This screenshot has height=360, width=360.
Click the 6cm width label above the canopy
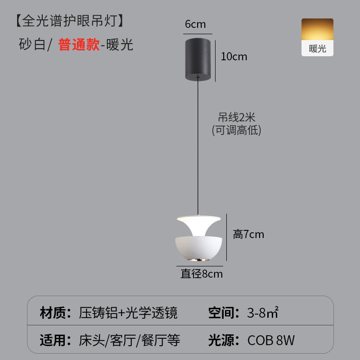point(195,24)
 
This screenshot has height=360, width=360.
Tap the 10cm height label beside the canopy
point(234,57)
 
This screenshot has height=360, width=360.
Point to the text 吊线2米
point(237,118)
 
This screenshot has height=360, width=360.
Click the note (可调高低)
point(237,130)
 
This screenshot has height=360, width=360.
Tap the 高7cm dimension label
point(248,234)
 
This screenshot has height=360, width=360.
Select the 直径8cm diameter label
point(202,274)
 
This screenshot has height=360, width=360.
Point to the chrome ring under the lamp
point(198,260)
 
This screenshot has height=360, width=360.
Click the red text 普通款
point(79,45)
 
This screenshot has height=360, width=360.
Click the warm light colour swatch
point(317,31)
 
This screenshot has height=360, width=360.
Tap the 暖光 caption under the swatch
point(317,49)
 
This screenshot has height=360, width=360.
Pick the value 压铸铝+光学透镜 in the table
point(128,312)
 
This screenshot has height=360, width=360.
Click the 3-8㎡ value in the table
point(263,312)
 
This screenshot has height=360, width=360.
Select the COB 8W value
point(271,340)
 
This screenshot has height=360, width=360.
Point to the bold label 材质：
point(56,312)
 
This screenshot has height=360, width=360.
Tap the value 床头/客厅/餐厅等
point(130,340)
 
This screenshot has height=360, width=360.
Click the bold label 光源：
point(224,340)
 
